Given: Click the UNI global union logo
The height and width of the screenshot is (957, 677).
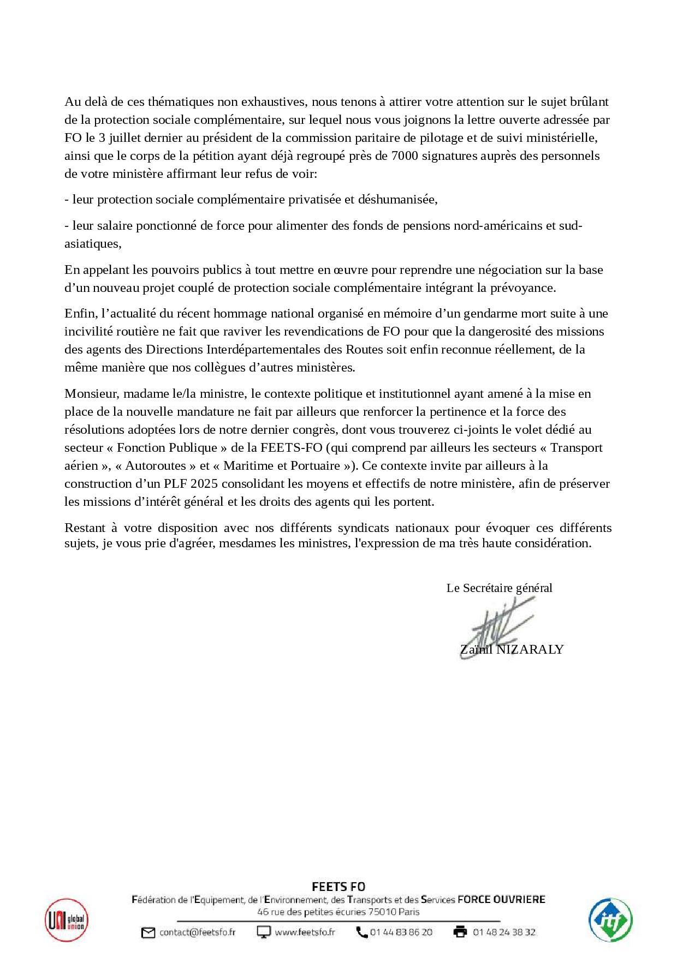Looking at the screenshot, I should coord(67,920).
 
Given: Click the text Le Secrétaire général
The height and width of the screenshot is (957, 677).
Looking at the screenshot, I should coord(499,588).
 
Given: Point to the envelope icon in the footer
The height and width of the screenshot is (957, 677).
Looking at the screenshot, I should coord(148,932).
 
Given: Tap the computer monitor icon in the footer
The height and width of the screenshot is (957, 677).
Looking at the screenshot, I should coord(264,932).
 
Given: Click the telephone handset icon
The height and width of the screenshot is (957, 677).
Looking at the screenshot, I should coord(361,932).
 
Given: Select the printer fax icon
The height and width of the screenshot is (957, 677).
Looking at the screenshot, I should coord(460,932).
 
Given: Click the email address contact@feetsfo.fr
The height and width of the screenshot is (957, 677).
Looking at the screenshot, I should coord(197,932).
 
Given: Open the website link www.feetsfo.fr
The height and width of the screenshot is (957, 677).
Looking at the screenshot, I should coord(305,932).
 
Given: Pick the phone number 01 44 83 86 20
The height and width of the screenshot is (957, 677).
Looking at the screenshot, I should coord(401,932).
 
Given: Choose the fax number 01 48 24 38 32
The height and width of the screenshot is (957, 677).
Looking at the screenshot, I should coord(504,932).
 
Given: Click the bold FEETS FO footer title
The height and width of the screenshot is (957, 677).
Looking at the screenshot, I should coord(338,887).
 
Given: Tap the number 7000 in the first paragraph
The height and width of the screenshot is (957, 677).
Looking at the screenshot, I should coord(406,155).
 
